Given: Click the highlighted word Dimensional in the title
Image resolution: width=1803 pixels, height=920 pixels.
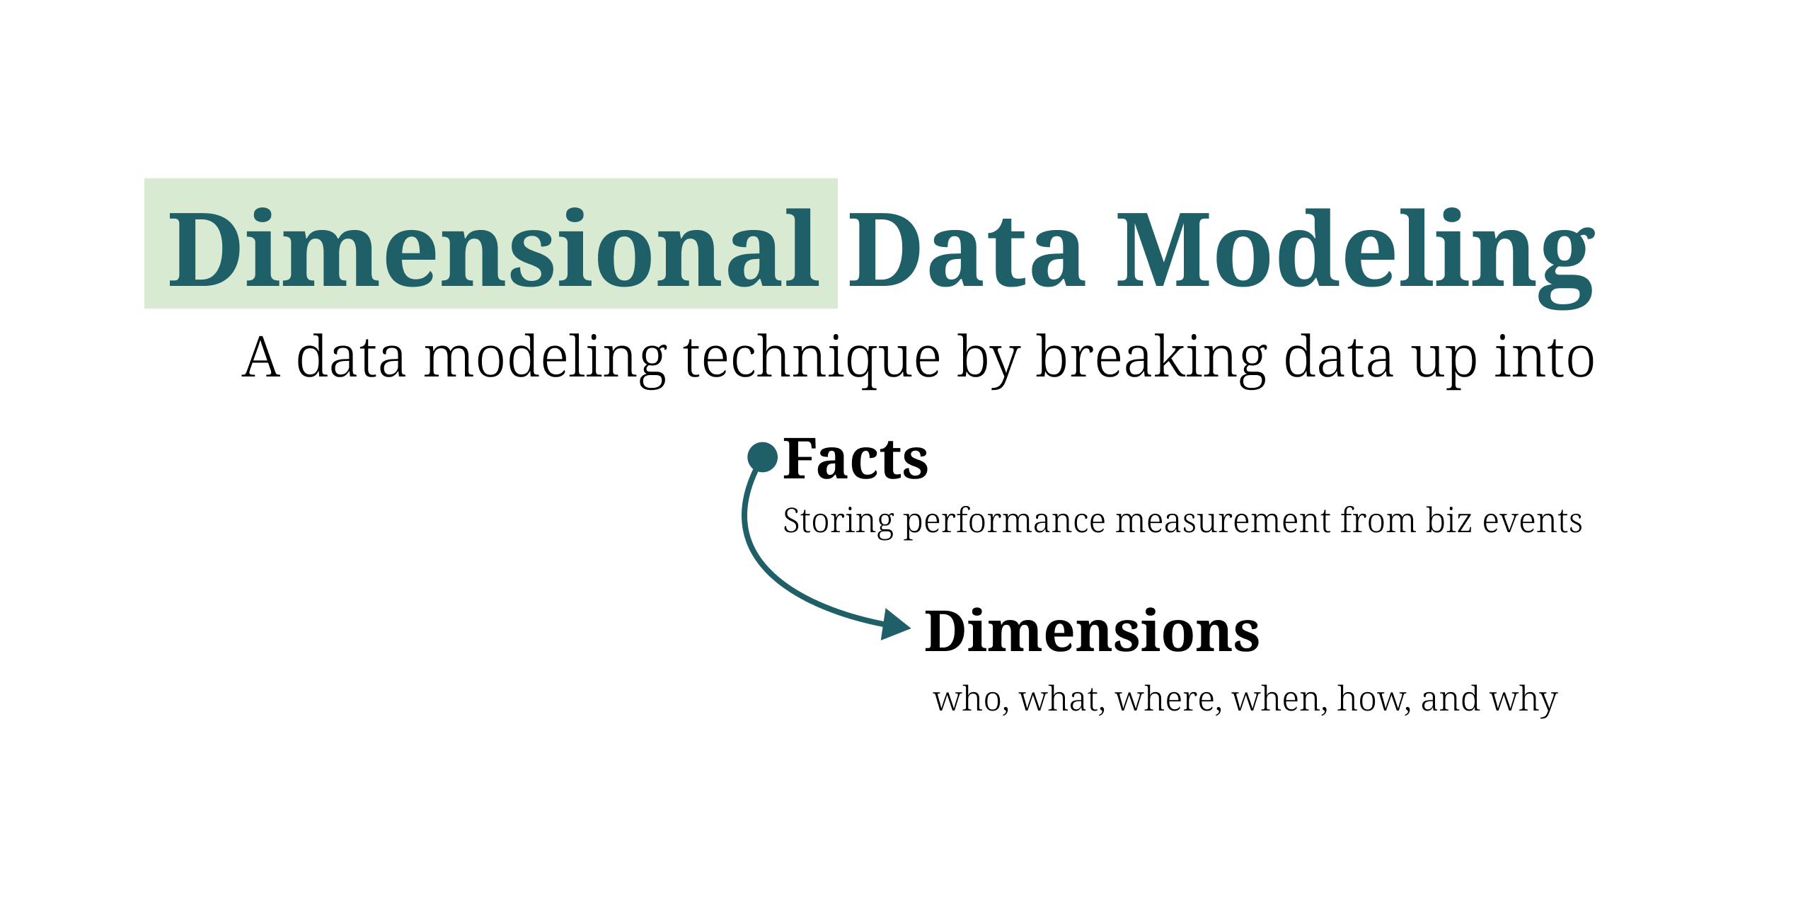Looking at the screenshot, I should click(493, 250).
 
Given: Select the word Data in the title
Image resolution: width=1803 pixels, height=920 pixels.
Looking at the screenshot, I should click(966, 250).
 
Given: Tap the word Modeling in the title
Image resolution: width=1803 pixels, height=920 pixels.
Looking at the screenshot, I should click(1355, 250).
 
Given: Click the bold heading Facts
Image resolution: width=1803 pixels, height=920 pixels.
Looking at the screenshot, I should click(855, 459).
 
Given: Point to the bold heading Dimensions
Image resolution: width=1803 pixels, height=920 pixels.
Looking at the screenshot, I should click(1092, 631).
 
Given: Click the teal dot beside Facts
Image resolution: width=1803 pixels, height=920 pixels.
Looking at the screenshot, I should click(763, 457).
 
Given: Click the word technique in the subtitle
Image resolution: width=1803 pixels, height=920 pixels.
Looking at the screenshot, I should click(812, 358).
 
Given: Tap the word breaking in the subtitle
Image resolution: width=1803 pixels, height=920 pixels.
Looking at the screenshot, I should click(1151, 358).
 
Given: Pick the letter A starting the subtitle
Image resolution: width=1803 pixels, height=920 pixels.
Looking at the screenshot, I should click(260, 358).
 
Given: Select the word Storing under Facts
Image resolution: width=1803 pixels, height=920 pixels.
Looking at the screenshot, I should click(839, 522).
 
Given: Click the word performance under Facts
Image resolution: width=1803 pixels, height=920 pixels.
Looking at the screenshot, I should click(1005, 522).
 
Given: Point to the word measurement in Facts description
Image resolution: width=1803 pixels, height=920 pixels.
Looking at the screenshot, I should click(1223, 522).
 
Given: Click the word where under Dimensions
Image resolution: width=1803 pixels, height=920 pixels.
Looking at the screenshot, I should click(1168, 699).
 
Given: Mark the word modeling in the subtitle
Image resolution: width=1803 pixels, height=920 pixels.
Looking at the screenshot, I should click(545, 358).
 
